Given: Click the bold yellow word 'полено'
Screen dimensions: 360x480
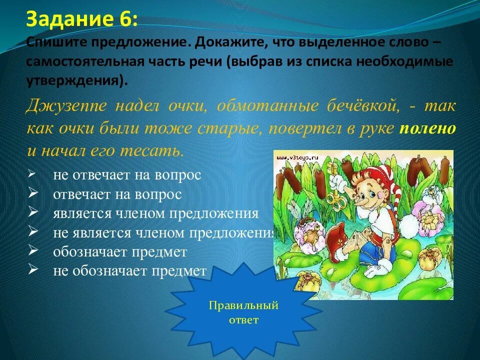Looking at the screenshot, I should coord(427,128).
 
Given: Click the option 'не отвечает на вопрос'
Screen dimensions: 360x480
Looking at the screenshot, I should coord(127,175).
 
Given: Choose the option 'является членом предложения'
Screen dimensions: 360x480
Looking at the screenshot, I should coord(155,213).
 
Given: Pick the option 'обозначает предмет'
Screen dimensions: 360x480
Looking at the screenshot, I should coord(120,252).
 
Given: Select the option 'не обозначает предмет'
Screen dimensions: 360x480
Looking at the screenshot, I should coord(129,271).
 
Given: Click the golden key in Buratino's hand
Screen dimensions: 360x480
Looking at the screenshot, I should coord(332,200).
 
